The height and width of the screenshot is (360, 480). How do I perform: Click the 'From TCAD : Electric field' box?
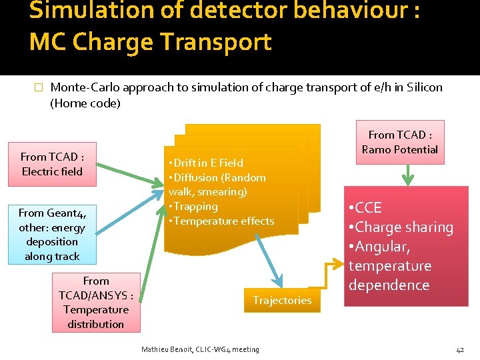pyautogui.click(x=52, y=164)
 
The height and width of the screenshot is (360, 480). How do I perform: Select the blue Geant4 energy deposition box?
pyautogui.click(x=52, y=234)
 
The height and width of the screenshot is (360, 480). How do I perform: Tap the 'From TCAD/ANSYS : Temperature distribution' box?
pyautogui.click(x=96, y=303)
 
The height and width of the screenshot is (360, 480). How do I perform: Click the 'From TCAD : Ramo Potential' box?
pyautogui.click(x=399, y=142)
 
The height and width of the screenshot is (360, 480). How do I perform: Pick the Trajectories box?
pyautogui.click(x=282, y=301)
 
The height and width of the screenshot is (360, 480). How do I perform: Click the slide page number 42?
pyautogui.click(x=460, y=349)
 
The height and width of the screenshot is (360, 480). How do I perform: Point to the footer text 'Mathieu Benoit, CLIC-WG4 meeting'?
pyautogui.click(x=200, y=349)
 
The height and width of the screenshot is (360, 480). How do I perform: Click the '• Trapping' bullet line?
pyautogui.click(x=193, y=207)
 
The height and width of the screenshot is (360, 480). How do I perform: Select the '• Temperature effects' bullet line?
pyautogui.click(x=221, y=221)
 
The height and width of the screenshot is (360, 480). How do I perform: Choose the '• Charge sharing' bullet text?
pyautogui.click(x=401, y=227)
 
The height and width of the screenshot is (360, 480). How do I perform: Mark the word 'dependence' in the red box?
pyautogui.click(x=389, y=285)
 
